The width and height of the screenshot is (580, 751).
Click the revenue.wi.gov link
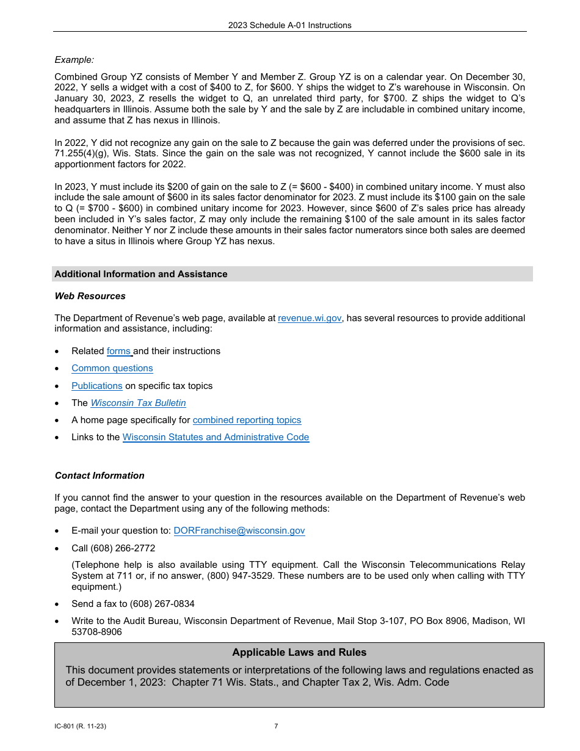coord(310,318)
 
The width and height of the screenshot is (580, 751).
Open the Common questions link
coord(112,368)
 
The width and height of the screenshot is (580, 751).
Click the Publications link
coord(97,386)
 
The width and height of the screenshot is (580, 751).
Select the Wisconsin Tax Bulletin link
coord(139,403)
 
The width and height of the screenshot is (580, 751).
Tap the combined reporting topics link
coord(247,420)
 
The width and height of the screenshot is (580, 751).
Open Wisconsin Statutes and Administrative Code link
coord(216,437)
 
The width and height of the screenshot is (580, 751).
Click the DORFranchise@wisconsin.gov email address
coord(239,531)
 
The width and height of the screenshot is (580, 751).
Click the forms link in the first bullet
coord(119,351)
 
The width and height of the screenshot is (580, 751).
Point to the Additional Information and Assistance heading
coord(141,274)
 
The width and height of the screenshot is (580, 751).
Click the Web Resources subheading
coord(90,296)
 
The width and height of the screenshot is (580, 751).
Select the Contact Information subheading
coord(100,476)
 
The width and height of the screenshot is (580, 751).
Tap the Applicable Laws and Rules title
coord(299,652)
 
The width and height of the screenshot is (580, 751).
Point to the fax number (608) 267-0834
coord(162,604)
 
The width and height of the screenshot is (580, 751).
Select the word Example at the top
coord(74,60)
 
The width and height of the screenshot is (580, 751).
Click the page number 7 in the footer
coord(276,726)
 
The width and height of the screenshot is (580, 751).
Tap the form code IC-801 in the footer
coord(65,726)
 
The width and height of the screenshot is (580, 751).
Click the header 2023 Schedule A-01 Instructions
coord(290,25)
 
